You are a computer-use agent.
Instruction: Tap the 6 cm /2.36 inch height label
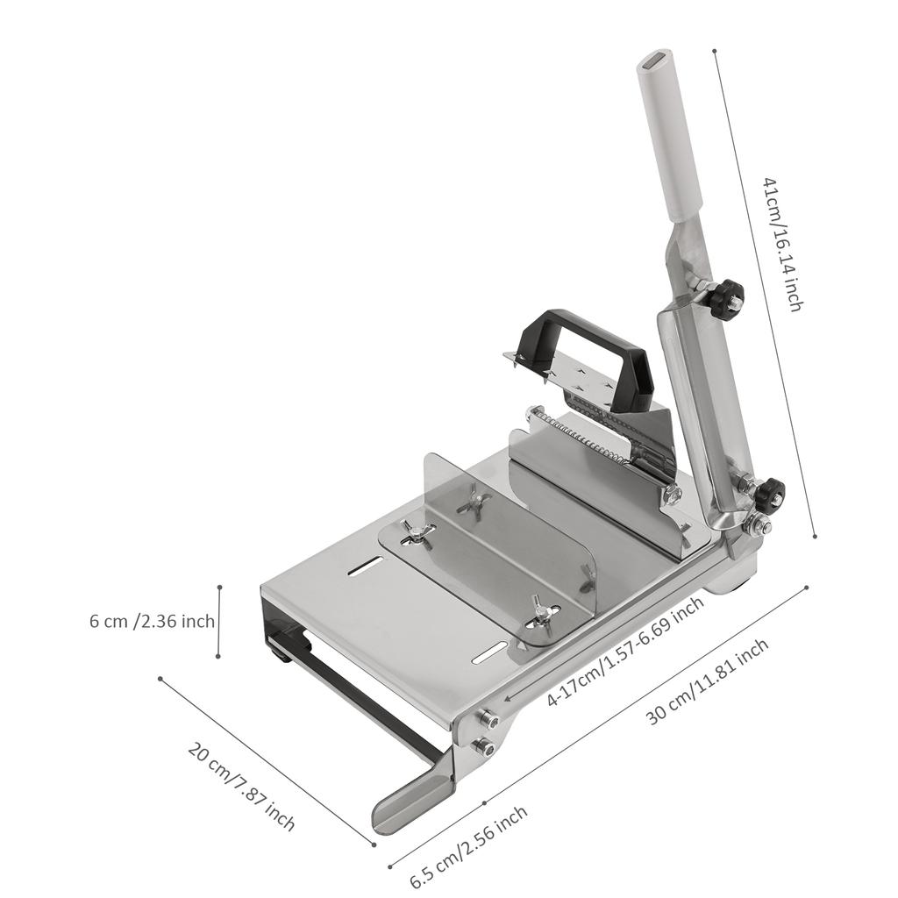coord(152,622)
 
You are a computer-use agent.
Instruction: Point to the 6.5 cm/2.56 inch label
coord(469,847)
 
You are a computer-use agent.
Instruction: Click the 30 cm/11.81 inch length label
coord(708,681)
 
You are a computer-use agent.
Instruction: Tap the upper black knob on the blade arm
coord(726,299)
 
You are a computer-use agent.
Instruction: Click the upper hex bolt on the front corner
coord(488,720)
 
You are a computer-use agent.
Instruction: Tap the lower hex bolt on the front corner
coord(482,747)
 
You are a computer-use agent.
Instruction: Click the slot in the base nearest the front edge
coord(488,653)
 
